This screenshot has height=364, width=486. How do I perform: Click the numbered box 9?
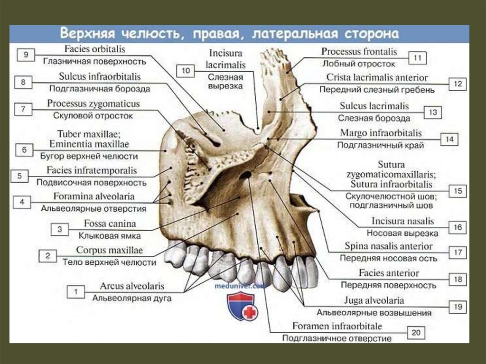tap(26, 55)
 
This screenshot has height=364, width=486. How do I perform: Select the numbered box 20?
tap(416, 333)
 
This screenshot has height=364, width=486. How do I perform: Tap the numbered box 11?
tap(418, 58)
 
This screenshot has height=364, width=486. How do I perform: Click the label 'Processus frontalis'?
tap(359, 51)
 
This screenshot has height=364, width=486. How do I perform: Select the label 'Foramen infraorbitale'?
tap(337, 327)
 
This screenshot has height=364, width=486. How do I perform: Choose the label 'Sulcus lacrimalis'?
tap(374, 106)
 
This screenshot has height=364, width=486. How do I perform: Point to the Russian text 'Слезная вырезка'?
tap(225, 81)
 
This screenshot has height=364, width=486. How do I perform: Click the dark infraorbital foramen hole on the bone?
tap(246, 176)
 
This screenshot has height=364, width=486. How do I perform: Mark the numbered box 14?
tap(449, 140)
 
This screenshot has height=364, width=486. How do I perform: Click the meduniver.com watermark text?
tap(241, 287)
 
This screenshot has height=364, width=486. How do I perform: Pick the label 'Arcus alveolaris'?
tap(132, 286)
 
